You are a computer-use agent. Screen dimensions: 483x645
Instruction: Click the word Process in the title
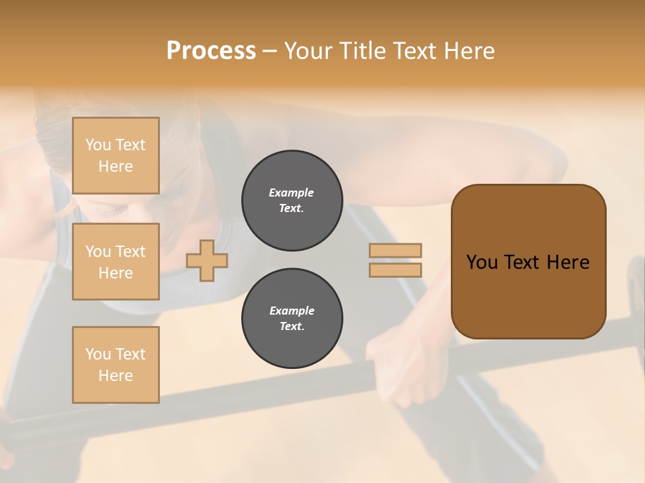click(211, 51)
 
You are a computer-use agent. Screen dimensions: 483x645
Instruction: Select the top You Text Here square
click(116, 156)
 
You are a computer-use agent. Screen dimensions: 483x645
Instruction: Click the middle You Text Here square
click(116, 262)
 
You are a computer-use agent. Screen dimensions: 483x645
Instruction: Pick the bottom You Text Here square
click(116, 364)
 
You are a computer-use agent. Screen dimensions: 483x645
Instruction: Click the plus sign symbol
click(207, 260)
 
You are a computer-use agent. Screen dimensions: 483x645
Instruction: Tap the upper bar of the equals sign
click(395, 250)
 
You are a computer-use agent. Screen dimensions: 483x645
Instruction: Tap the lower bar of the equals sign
click(395, 270)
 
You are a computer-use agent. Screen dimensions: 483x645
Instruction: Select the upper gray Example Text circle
click(292, 201)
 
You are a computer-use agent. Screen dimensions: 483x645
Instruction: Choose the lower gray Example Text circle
click(292, 319)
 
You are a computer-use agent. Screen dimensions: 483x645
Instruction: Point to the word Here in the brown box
click(568, 262)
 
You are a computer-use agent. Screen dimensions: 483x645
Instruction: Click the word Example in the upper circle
click(292, 193)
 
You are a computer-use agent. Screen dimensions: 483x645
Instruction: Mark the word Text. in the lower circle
click(292, 327)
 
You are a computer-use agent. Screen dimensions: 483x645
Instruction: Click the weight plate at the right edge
click(636, 282)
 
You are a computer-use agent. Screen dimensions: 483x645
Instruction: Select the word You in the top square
click(98, 145)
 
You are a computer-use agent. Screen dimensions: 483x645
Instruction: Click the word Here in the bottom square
click(116, 376)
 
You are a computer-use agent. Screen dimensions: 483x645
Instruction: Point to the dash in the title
click(270, 51)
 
